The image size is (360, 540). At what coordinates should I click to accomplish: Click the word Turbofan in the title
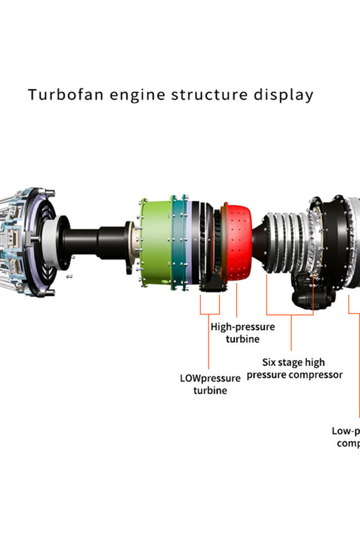pos(59,95)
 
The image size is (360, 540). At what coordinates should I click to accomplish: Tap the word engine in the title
pos(130,96)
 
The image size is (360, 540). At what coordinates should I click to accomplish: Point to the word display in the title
pos(283,96)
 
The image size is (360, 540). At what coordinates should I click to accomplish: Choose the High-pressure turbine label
pos(243,333)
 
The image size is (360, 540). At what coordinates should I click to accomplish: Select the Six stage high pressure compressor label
pos(295,369)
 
